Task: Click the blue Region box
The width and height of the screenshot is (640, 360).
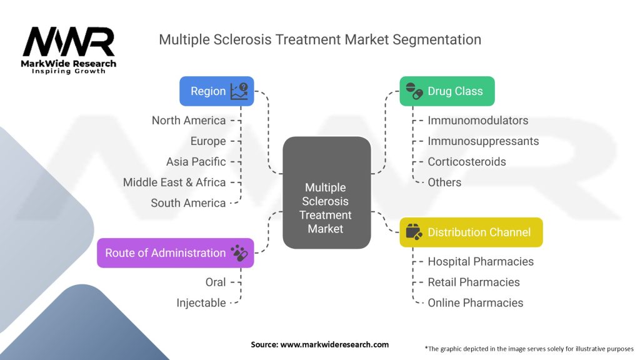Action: point(216,91)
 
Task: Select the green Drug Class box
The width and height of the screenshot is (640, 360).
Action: point(447,91)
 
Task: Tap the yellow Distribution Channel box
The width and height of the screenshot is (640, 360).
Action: point(471,232)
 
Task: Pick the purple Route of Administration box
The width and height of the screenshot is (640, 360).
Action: point(175,253)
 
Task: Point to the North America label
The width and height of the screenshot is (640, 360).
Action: point(189,120)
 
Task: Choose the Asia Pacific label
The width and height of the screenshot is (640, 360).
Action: point(196,161)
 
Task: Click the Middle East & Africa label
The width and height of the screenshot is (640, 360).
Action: point(174,182)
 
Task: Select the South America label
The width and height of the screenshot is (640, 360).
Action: point(188,202)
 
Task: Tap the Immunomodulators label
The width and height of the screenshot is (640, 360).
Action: point(477,120)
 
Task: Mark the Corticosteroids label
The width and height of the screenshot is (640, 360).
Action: point(466,161)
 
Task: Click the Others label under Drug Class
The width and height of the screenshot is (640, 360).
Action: point(444,182)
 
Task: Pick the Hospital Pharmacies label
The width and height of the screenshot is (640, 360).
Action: point(481,261)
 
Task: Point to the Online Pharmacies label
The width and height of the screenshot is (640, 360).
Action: point(475,302)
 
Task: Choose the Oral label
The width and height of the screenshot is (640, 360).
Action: point(216,282)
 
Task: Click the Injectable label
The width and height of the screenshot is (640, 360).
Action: point(201,302)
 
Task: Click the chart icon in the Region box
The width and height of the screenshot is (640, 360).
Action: point(239,91)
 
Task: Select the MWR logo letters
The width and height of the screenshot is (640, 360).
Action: point(69,42)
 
